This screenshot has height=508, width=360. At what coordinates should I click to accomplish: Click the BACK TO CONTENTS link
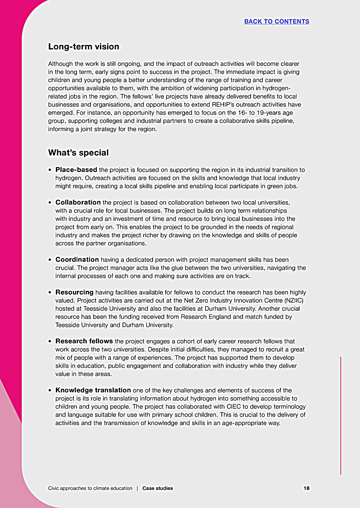click(276, 22)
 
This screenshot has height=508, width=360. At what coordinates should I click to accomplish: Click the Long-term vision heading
click(84, 47)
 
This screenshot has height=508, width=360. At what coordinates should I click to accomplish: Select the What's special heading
click(78, 153)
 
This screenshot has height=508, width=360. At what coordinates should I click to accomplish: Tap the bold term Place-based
click(76, 170)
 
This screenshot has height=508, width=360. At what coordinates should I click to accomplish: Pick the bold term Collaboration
click(78, 202)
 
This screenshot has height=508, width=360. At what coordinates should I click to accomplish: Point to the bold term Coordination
click(77, 259)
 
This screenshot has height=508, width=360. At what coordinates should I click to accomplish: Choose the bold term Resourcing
click(74, 292)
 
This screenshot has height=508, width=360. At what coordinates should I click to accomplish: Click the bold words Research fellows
click(84, 341)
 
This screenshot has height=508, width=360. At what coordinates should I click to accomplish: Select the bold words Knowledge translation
click(93, 390)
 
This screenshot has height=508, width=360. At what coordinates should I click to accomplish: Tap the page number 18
click(306, 488)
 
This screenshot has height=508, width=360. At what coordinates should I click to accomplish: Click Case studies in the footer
click(157, 488)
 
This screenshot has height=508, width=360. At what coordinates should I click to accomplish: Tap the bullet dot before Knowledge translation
click(50, 390)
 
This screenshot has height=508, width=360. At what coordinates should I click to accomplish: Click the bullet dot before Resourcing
click(50, 293)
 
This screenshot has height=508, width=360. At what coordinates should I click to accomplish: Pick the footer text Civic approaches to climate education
click(90, 488)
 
